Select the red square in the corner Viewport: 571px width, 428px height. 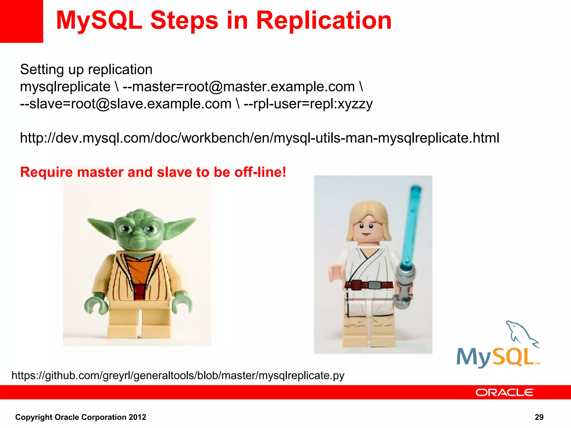click(x=21, y=21)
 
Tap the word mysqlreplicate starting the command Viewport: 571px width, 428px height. click(x=65, y=87)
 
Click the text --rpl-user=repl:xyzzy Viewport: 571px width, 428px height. click(x=308, y=104)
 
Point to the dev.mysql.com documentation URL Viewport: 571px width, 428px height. click(x=259, y=138)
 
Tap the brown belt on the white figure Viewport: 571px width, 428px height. click(x=368, y=285)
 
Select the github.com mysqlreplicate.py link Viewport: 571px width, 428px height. click(x=178, y=375)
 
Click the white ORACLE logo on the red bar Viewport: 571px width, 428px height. click(x=505, y=392)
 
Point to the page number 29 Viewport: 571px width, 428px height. click(x=539, y=417)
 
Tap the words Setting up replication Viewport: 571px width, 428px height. click(x=86, y=69)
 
